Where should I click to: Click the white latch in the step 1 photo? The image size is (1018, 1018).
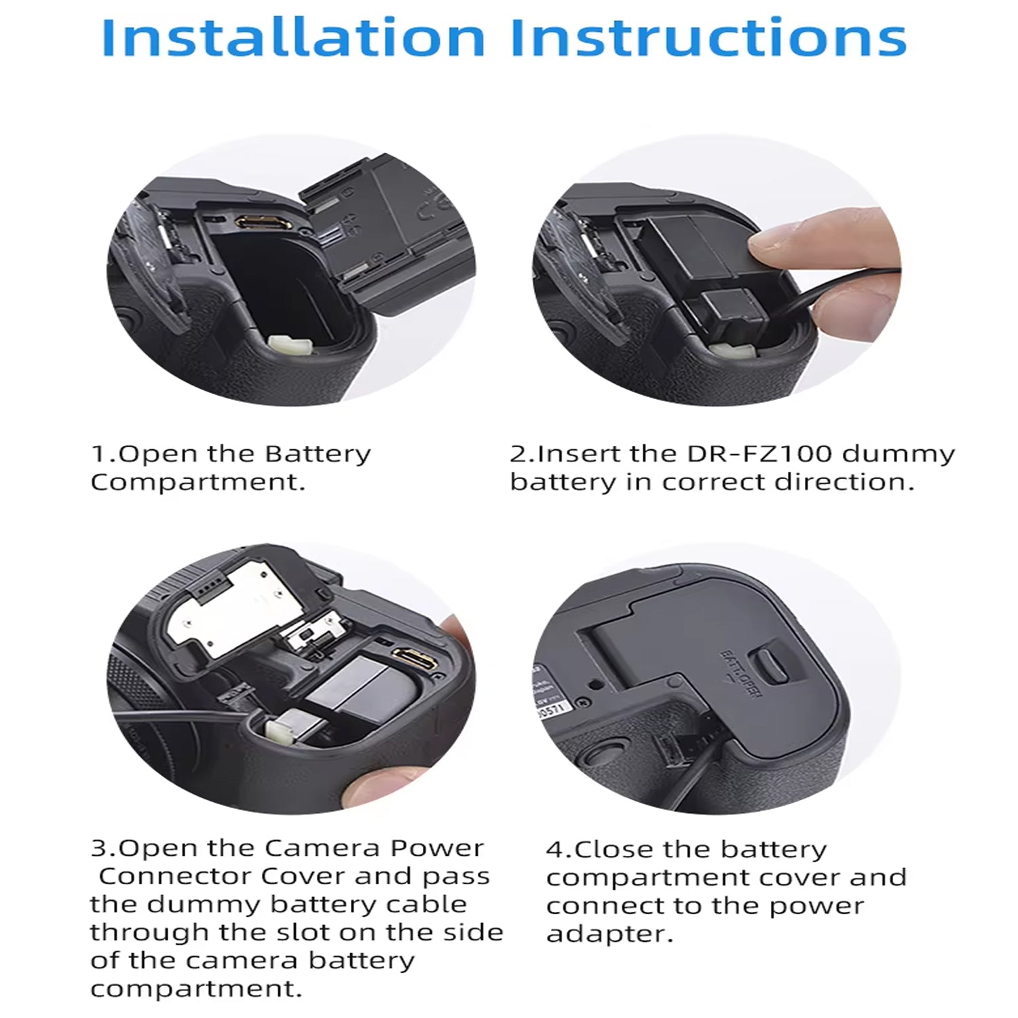click(290, 345)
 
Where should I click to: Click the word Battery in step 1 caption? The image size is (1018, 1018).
click(318, 453)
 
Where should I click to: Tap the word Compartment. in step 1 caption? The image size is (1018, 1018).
click(197, 482)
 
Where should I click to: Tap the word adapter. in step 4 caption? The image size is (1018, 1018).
click(609, 935)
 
